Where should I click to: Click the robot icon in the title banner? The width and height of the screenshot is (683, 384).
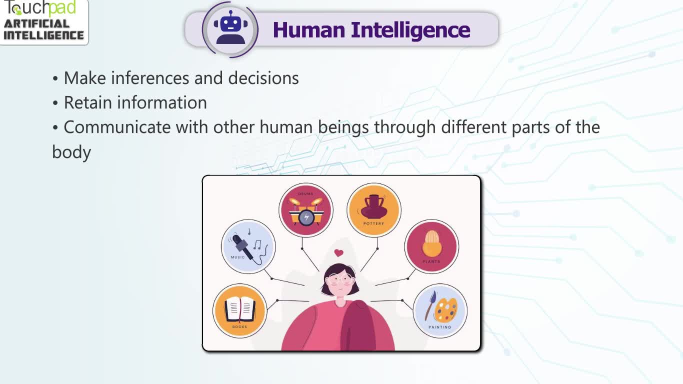[230, 27]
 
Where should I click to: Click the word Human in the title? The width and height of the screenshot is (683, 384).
[309, 30]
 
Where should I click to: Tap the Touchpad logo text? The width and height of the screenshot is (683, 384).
[39, 8]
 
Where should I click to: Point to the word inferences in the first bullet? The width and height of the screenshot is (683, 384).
[150, 78]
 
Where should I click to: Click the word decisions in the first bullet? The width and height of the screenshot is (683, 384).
[263, 78]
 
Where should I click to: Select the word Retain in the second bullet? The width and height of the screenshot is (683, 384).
[88, 102]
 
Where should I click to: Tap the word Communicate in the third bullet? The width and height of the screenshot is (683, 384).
[117, 127]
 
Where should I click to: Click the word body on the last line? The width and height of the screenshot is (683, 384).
[71, 152]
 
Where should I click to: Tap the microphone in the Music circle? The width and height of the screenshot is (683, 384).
[243, 246]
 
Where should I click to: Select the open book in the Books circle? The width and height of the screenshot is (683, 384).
[239, 309]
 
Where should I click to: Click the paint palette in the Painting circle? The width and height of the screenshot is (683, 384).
[446, 310]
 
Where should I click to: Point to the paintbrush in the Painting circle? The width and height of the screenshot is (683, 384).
[430, 305]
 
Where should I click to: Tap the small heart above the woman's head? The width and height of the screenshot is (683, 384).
[339, 252]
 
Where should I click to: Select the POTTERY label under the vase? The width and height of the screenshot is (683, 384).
[374, 223]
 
